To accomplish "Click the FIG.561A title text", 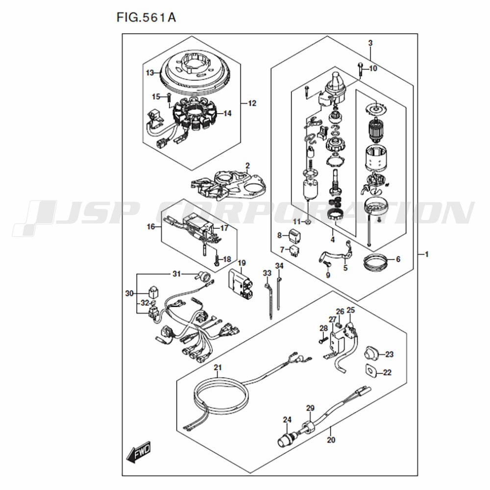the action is [x=146, y=18].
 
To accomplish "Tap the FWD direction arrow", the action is [x=139, y=452].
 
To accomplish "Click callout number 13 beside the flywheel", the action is [x=150, y=73].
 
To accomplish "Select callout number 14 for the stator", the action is [x=227, y=114].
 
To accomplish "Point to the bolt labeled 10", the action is [x=360, y=70].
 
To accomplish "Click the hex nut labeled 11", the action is [x=307, y=222].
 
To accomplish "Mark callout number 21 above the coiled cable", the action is [x=218, y=367].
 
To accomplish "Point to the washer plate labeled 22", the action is [x=370, y=371].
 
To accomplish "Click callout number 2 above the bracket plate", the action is [x=247, y=165].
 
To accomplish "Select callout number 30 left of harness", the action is [x=129, y=294].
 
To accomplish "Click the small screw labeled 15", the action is [x=169, y=98].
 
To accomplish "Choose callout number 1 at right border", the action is [x=427, y=254].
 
